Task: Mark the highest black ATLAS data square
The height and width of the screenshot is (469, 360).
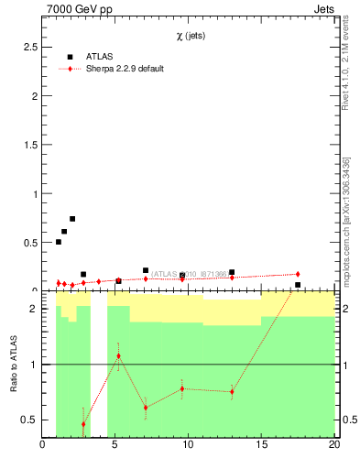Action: (72, 219)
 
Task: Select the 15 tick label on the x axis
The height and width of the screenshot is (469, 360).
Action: (261, 446)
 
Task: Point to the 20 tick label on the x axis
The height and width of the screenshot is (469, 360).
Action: (334, 446)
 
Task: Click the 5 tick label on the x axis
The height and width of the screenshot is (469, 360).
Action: (115, 446)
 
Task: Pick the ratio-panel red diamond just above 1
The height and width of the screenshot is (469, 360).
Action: (118, 355)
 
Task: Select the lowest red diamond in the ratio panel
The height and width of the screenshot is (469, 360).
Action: (83, 424)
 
